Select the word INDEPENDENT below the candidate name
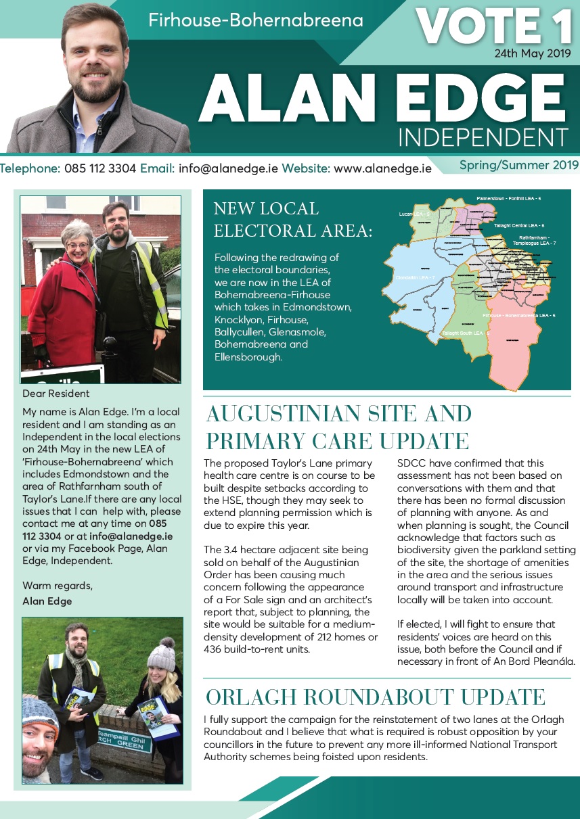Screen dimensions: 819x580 [481, 137]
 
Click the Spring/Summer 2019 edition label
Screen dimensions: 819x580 [518, 165]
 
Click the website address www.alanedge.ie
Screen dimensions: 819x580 [382, 168]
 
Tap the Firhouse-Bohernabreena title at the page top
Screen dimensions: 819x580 [256, 20]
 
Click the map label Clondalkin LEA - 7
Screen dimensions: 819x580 [414, 279]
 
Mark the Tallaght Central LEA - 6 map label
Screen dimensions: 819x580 [519, 225]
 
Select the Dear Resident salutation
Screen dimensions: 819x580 [56, 394]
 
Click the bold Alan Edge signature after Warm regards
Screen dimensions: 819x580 [47, 601]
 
